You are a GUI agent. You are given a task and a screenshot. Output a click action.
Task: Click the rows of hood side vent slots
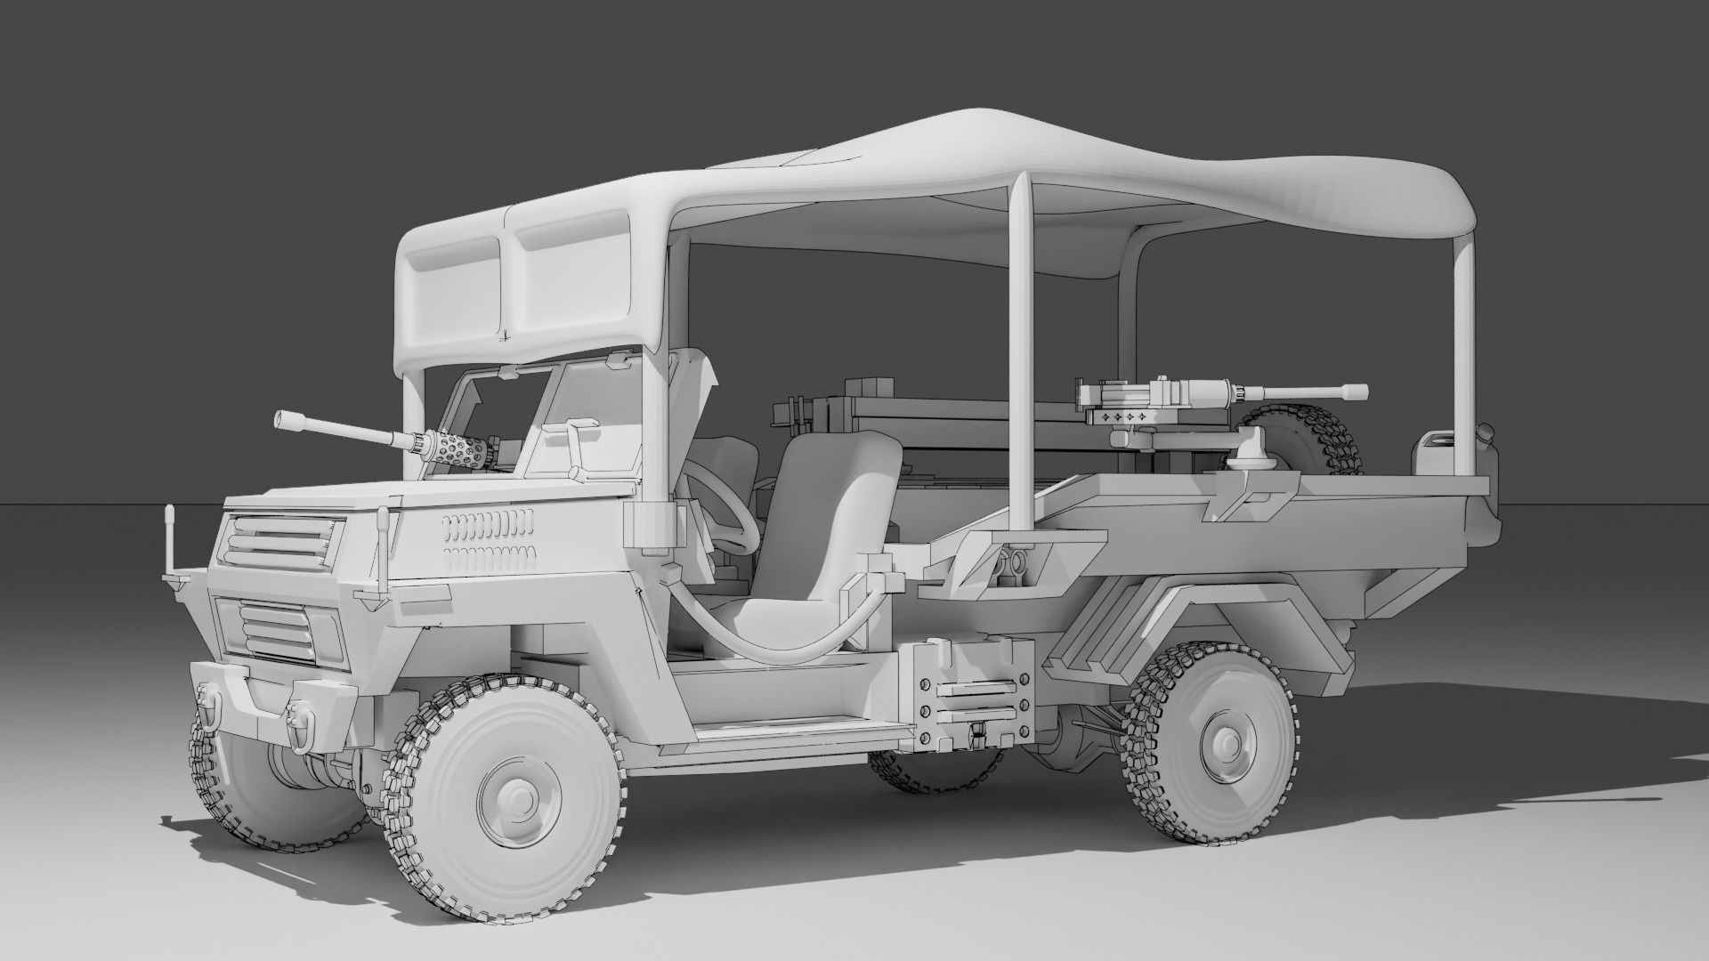pos(489,540)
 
